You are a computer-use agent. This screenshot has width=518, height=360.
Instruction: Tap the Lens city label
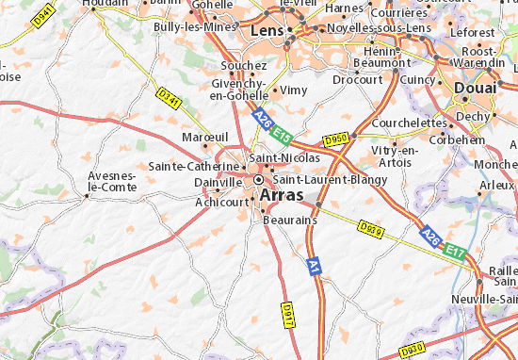pyautogui.click(x=267, y=31)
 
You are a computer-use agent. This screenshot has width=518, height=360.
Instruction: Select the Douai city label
pyautogui.click(x=475, y=88)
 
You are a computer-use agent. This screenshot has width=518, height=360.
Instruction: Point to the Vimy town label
pyautogui.click(x=294, y=90)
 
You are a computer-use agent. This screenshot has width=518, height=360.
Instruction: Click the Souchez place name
pyautogui.click(x=243, y=66)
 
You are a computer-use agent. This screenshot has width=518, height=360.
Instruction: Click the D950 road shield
pyautogui.click(x=336, y=139)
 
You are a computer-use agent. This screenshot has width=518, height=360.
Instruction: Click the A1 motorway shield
pyautogui.click(x=315, y=270)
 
